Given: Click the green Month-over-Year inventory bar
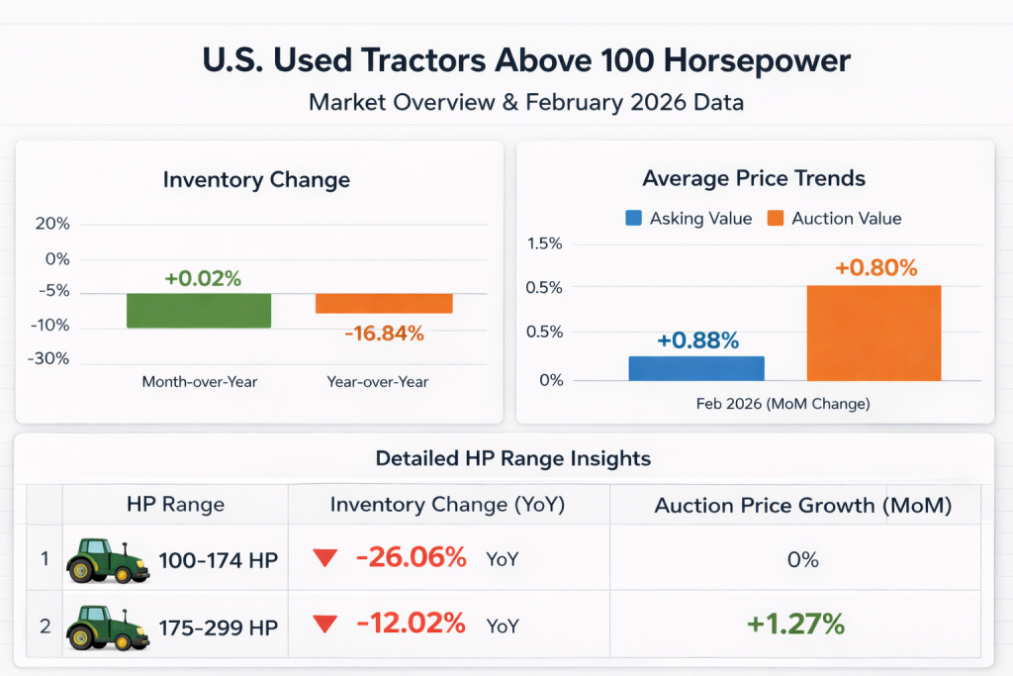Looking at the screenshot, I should [x=199, y=311].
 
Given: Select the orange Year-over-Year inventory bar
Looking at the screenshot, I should [x=384, y=304].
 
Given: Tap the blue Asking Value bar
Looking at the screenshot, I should [x=696, y=368].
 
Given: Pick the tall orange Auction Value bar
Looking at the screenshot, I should [x=874, y=333].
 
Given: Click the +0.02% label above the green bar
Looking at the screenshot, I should [x=203, y=278].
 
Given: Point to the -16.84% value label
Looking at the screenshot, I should [x=384, y=334].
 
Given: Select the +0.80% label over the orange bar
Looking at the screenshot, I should [x=875, y=267].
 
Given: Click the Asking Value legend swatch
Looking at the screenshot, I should [x=634, y=219].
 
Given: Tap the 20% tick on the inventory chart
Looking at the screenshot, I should [x=51, y=225].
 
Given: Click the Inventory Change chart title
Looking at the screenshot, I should [x=256, y=180].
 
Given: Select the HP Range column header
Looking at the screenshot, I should [x=175, y=504].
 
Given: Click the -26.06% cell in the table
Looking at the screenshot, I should [x=411, y=558].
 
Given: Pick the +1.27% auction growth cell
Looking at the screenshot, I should [x=795, y=624].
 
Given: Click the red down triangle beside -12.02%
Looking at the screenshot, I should [x=324, y=625].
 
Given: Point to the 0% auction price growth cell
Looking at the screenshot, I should [x=802, y=559].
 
